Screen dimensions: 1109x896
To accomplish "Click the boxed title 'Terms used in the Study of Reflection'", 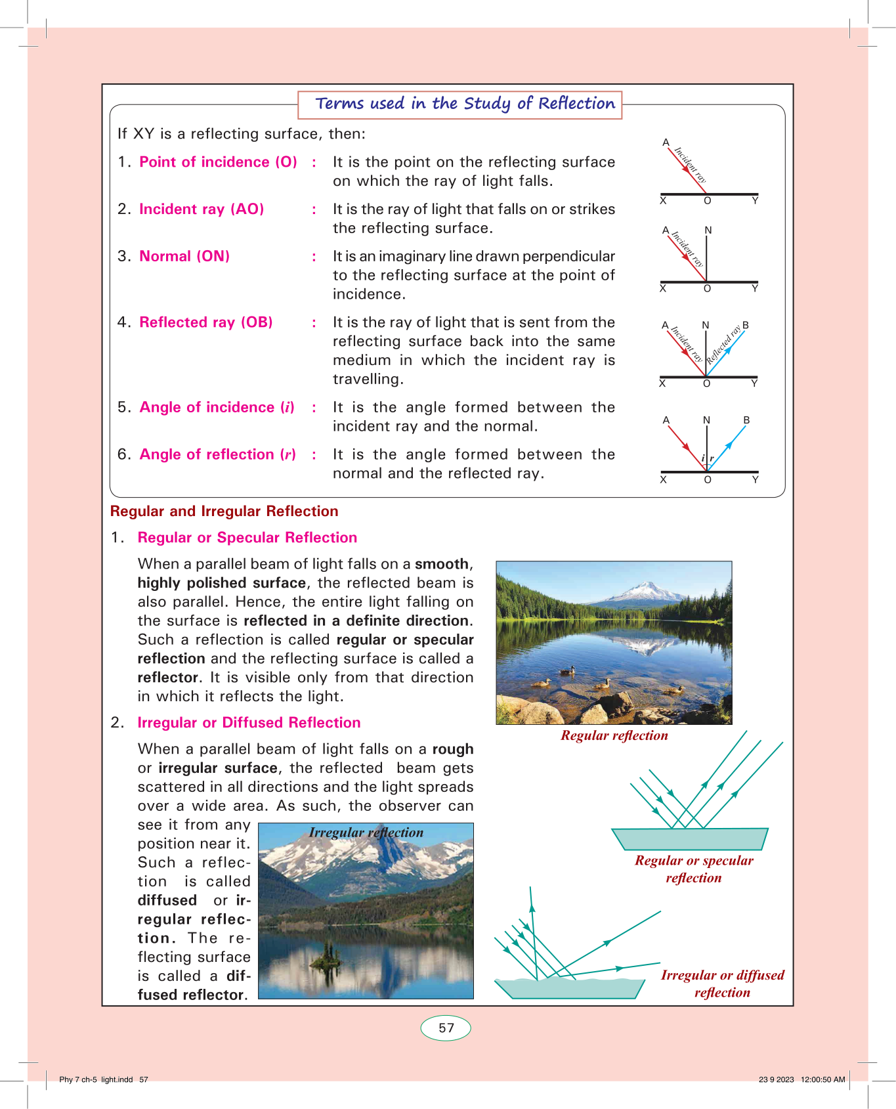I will coord(465,104).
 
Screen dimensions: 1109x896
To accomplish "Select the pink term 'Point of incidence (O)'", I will coord(218,162).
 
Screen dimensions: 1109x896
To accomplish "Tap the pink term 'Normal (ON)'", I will coord(184,256).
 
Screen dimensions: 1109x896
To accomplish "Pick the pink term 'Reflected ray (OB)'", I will coord(205,322).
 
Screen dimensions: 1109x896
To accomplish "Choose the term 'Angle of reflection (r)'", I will coord(217,454).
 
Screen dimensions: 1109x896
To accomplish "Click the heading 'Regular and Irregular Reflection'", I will coord(224,511).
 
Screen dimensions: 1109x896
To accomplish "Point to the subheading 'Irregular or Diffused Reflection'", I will coord(249,723).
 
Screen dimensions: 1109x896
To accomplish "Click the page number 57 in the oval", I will coord(446,1028).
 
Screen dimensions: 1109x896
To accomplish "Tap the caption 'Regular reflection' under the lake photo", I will coord(614,735).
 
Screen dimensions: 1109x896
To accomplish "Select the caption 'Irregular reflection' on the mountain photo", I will coord(366,833).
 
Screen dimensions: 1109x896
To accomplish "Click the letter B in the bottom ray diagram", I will coord(746,420).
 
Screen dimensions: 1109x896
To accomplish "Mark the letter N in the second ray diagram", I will coord(708,230).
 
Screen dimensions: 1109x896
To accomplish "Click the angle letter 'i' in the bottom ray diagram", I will coord(702,458).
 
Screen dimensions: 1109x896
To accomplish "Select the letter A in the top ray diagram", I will coord(666,142).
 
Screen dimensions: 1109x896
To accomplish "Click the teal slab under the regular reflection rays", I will coord(689,839).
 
